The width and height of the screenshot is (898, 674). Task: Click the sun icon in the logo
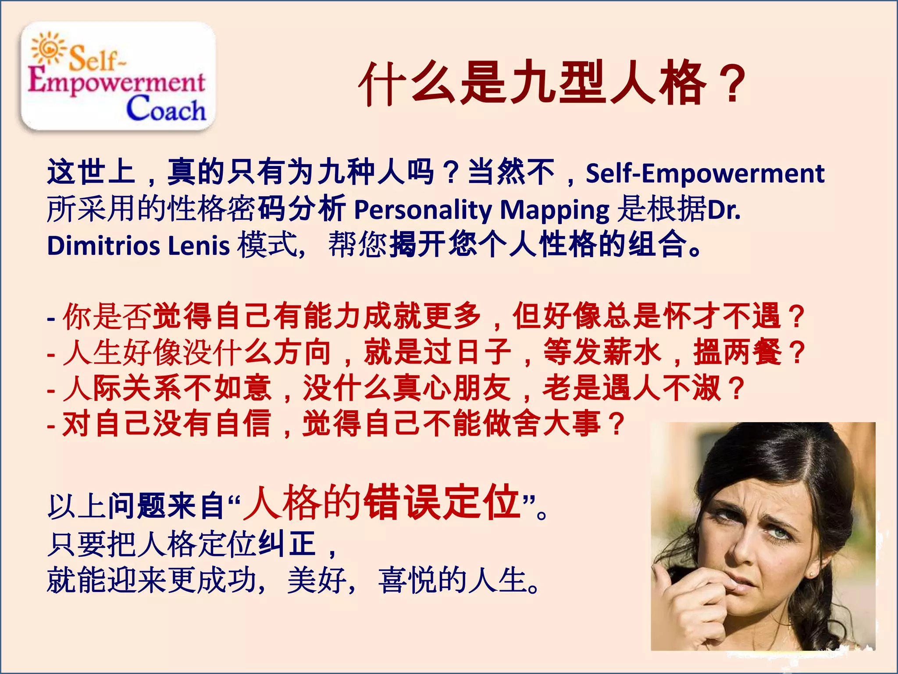click(48, 48)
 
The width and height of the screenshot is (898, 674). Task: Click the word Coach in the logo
click(166, 109)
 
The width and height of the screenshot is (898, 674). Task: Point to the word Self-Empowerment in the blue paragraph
click(705, 173)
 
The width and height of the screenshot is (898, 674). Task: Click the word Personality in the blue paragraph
click(423, 210)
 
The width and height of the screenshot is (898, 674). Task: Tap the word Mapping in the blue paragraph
click(555, 210)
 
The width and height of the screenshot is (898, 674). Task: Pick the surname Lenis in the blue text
click(199, 245)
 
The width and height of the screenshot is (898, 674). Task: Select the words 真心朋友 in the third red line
click(452, 388)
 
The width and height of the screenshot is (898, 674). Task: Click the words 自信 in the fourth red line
click(243, 424)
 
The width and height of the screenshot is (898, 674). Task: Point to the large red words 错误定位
click(443, 502)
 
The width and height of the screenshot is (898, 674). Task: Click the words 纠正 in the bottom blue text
click(287, 544)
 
